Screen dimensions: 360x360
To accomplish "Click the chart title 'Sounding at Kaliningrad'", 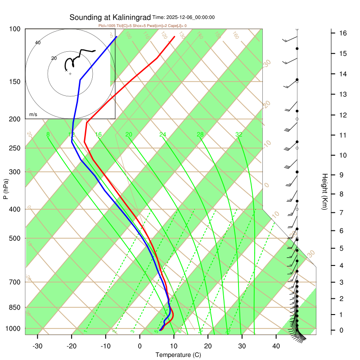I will pos(110,18).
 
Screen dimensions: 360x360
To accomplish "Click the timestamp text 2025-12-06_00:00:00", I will pos(190,18).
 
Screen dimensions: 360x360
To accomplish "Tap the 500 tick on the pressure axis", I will pos(15,238).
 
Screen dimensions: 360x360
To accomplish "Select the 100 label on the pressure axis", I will pos(15,29).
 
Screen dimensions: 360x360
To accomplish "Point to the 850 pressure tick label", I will pos(15,308).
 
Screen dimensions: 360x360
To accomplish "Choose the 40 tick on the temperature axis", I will pos(276,346).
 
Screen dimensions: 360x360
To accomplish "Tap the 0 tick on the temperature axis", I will pos(139,346).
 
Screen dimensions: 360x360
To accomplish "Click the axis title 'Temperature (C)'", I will pos(178,355).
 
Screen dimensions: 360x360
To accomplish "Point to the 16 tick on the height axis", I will pos(342,33).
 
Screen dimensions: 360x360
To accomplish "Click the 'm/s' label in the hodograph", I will pos(33,115).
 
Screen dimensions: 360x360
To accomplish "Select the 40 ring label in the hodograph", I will pos(38,43).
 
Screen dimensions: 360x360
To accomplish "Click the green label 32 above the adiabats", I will pos(239,135).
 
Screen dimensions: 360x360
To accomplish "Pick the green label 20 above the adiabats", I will pos(129,135).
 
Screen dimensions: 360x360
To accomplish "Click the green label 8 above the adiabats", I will pos(48,135).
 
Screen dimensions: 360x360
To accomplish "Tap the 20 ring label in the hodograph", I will pos(54,58).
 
